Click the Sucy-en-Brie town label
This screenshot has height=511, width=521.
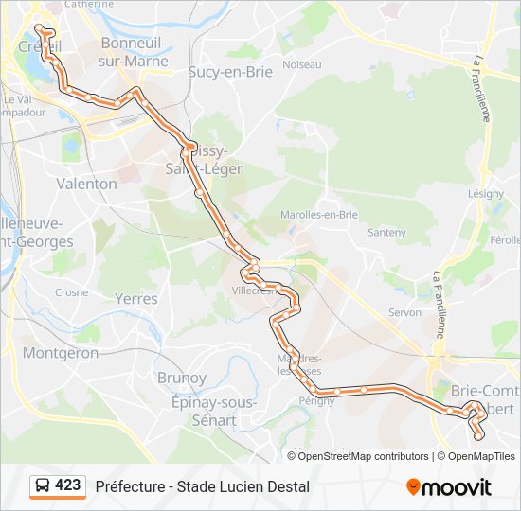tap(230, 71)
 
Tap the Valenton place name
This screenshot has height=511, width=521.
tap(86, 184)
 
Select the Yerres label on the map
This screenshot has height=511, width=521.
tap(135, 298)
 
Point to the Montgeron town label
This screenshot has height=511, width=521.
tap(61, 353)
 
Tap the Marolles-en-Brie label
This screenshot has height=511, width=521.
tap(324, 215)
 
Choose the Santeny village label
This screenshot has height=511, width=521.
tap(386, 232)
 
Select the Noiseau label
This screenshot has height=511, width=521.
tap(302, 64)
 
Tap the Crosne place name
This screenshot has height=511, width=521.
tap(71, 293)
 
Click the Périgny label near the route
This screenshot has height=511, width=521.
tap(316, 400)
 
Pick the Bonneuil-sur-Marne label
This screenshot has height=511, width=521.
tap(134, 53)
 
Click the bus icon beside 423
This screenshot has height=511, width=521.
tap(43, 486)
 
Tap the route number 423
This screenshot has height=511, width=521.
tap(68, 485)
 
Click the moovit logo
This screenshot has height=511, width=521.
tap(449, 487)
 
